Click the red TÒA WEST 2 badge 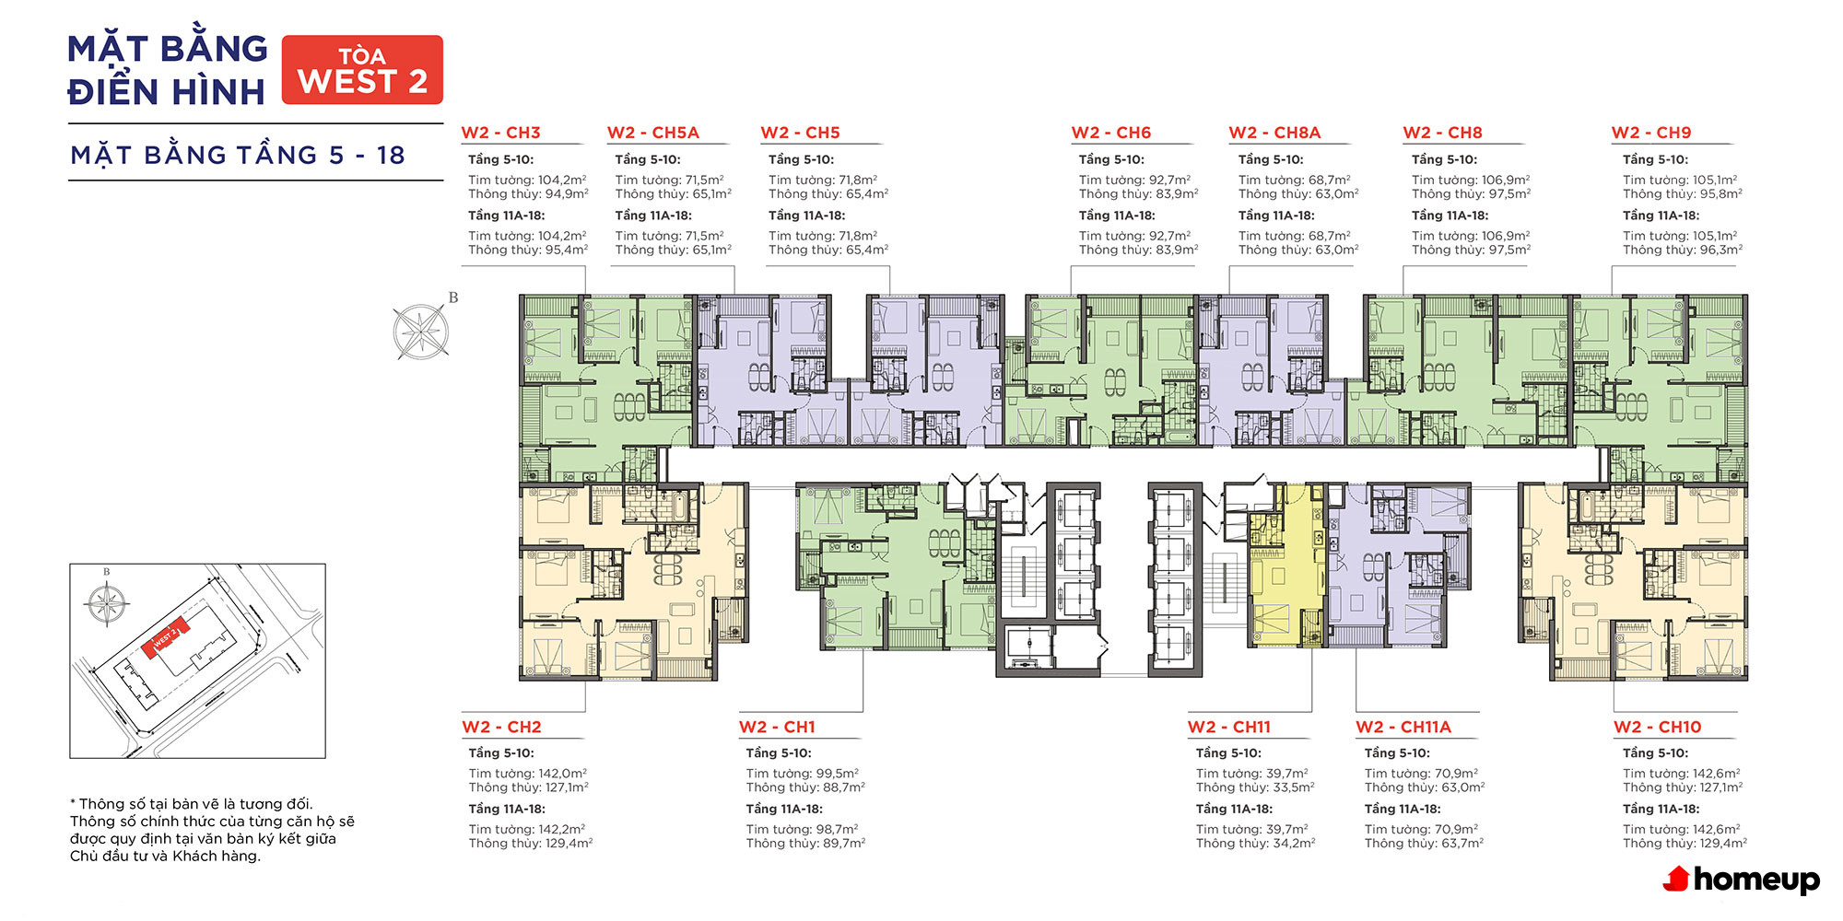[362, 70]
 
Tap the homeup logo [1741, 880]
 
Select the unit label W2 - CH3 [500, 133]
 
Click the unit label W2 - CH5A [653, 133]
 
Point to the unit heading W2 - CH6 [1111, 133]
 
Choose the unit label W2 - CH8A [1274, 133]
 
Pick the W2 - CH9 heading [1651, 133]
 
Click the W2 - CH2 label [501, 727]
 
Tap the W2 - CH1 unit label [777, 727]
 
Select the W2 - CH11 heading [1229, 727]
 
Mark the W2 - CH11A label [1403, 727]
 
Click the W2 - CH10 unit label [1658, 727]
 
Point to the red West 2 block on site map [166, 637]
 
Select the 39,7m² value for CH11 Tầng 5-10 [1282, 774]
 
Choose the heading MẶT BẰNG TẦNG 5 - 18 [238, 155]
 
